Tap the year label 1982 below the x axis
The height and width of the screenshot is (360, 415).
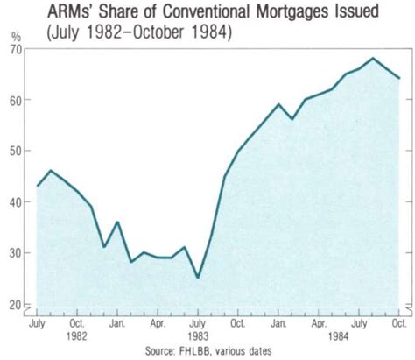coord(76,335)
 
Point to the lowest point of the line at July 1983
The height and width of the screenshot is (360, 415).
coord(198,278)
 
